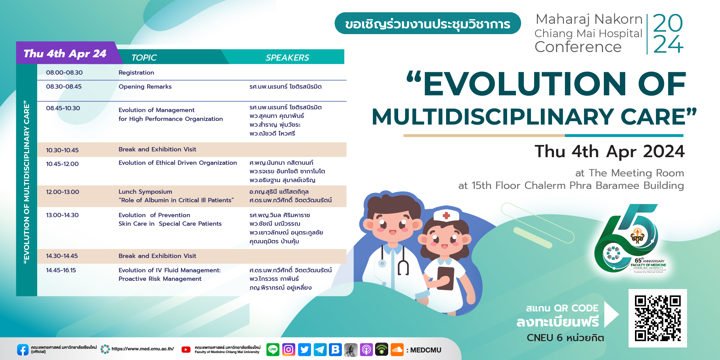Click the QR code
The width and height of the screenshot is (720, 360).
(x=658, y=318)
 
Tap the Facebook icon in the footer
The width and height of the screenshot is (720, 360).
(x=23, y=350)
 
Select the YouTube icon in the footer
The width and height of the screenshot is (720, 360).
(x=186, y=350)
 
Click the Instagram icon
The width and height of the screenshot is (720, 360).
(x=289, y=349)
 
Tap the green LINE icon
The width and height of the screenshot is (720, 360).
(x=273, y=349)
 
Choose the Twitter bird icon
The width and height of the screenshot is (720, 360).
(x=304, y=349)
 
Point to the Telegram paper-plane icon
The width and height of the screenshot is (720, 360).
(x=320, y=349)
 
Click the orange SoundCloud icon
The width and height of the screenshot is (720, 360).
(x=397, y=349)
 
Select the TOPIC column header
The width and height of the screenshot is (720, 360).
(x=144, y=58)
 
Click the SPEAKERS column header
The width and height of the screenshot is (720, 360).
(x=287, y=58)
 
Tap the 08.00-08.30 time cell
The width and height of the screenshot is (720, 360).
(x=64, y=72)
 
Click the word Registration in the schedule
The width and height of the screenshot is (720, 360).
(x=136, y=72)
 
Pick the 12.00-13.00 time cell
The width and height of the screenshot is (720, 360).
(x=62, y=192)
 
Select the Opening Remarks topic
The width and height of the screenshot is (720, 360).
(x=145, y=86)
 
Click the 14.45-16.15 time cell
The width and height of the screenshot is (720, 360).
(x=61, y=270)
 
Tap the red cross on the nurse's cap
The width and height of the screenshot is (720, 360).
(x=446, y=216)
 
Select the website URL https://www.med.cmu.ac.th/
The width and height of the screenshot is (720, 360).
(x=143, y=349)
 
